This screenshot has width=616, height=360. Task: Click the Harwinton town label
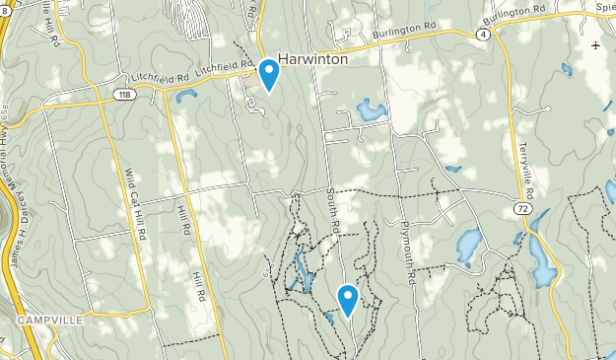click(316, 58)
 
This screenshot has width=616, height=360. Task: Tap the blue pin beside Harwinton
click(269, 74)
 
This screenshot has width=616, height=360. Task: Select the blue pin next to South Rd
click(347, 299)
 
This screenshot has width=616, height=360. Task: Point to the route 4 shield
click(482, 34)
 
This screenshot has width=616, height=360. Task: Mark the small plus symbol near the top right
click(595, 46)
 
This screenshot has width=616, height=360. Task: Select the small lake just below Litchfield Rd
click(185, 97)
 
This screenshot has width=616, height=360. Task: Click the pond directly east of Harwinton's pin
click(371, 109)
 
